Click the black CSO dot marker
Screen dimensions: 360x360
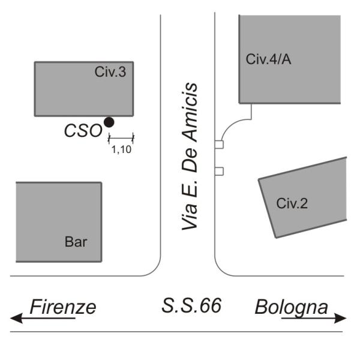[109, 122]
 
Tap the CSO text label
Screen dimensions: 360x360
[83, 131]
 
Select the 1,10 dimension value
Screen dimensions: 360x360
[121, 149]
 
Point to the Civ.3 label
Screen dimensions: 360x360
[110, 73]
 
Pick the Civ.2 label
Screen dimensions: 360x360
[292, 203]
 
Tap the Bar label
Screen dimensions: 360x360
[76, 242]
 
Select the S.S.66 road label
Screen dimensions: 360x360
[191, 306]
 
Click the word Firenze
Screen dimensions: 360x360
[62, 307]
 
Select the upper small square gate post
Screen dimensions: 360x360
[219, 145]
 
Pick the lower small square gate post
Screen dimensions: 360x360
[219, 171]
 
